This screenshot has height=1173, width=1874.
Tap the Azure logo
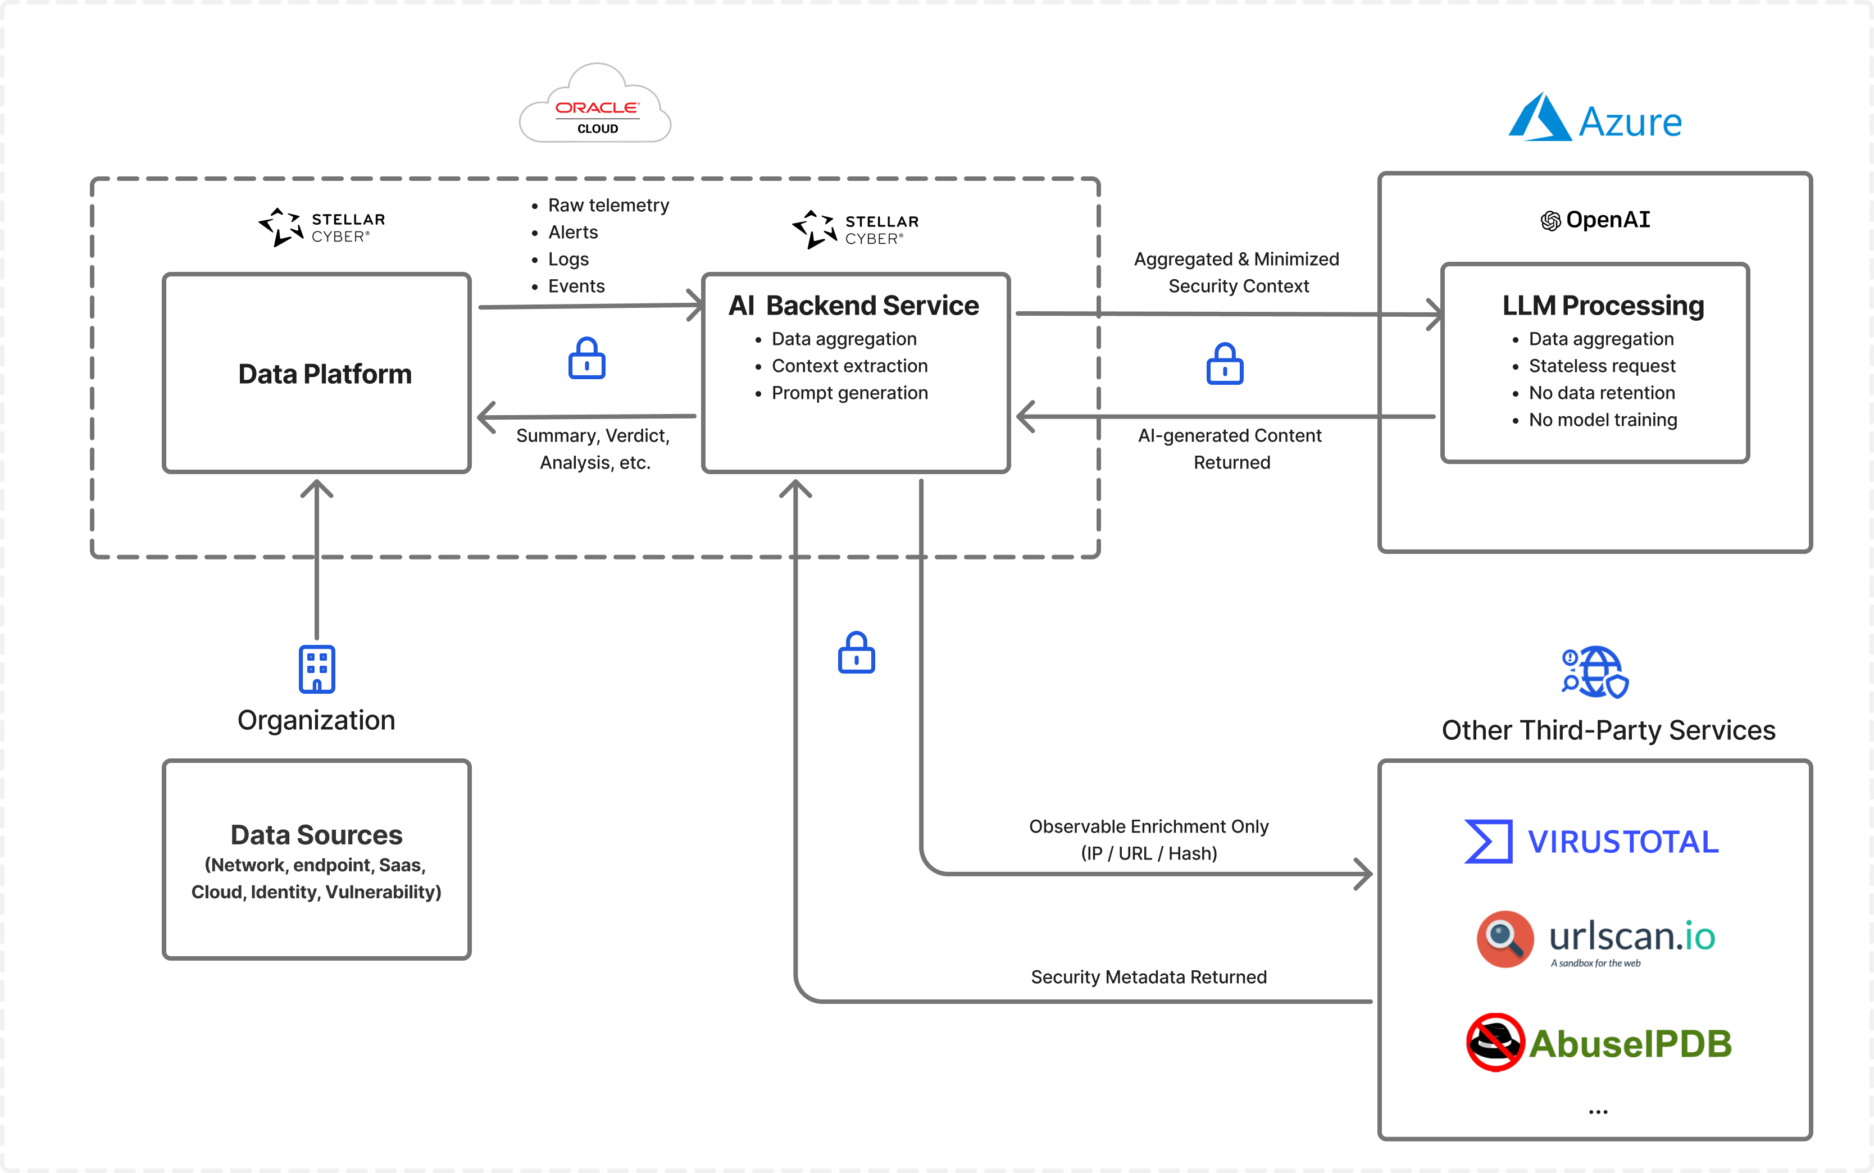tap(1595, 120)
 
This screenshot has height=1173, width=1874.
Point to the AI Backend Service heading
tap(853, 306)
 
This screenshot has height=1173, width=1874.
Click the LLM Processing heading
tap(1603, 306)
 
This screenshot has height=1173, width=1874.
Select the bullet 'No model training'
tap(1603, 420)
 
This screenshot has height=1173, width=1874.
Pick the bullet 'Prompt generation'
tap(849, 393)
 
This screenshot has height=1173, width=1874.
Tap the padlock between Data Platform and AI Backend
tap(586, 358)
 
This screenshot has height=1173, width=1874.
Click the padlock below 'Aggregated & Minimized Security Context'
tap(1225, 364)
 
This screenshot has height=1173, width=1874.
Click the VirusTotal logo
tap(1591, 842)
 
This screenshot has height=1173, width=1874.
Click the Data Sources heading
tap(316, 835)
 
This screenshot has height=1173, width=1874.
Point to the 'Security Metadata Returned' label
tap(1148, 977)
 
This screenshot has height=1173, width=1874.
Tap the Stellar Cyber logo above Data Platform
tap(321, 226)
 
